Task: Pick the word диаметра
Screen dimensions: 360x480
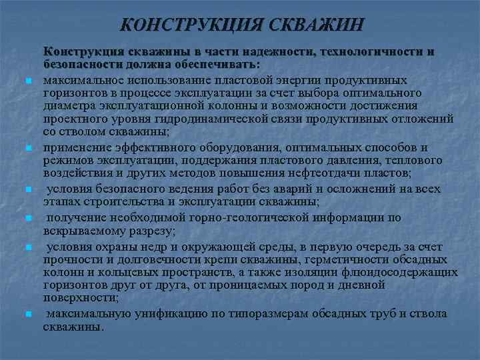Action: pyautogui.click(x=69, y=105)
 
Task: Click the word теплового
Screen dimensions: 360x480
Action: pyautogui.click(x=404, y=161)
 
